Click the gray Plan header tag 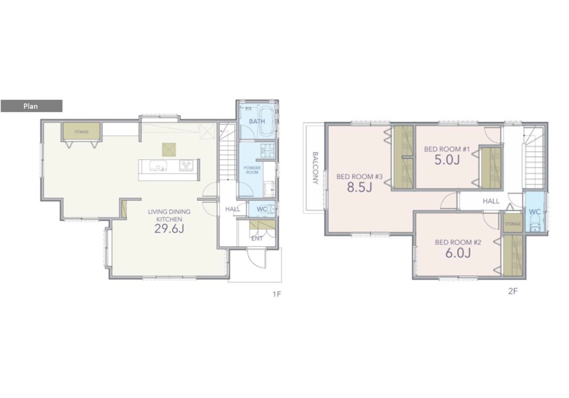[x=31, y=106]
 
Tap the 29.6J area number [x=169, y=229]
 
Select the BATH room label [x=257, y=121]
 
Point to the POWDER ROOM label [x=252, y=170]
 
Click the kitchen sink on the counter [x=158, y=166]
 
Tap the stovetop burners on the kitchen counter [x=186, y=165]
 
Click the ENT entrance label [x=257, y=238]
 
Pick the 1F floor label [x=277, y=294]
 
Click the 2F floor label [x=512, y=291]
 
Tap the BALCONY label [x=316, y=168]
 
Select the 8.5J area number [x=360, y=187]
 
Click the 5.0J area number [x=447, y=160]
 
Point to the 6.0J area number [x=458, y=253]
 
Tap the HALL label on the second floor [x=491, y=201]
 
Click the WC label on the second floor [x=535, y=212]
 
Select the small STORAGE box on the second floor [x=513, y=223]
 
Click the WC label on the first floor [x=262, y=209]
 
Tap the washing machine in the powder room [x=267, y=150]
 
